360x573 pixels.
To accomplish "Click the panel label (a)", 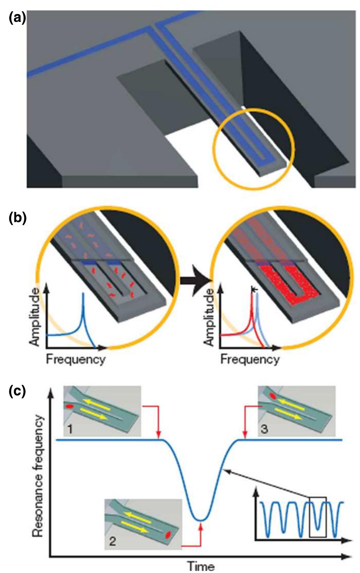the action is tap(17, 19).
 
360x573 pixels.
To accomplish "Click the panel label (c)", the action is tap(17, 391).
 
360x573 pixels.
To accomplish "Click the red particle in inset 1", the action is tap(70, 406).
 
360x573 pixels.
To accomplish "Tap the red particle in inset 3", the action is tap(273, 396).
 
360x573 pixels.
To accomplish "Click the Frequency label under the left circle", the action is tap(76, 359).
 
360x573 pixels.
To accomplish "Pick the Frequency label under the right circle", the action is tap(250, 359).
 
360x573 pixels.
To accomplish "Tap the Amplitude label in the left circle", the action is tap(35, 317).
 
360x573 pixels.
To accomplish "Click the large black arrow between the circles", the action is tap(196, 281).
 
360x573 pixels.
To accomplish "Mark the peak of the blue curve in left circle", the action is tap(83, 293).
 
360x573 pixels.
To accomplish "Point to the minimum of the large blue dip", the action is tap(201, 520).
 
